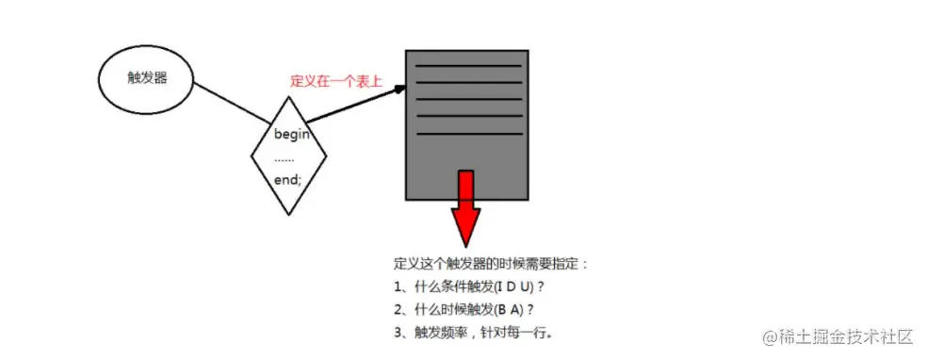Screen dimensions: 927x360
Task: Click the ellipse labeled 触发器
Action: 146,78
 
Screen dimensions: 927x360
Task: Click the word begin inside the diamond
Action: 292,134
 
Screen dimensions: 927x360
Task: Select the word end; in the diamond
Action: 288,179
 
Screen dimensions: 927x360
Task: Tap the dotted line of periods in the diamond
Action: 285,156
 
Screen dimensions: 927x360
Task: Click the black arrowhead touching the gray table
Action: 399,90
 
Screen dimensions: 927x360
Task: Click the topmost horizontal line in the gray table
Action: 468,66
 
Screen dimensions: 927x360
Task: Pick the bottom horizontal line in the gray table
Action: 468,134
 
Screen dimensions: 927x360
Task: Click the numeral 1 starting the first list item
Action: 398,286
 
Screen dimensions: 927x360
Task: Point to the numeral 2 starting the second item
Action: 398,309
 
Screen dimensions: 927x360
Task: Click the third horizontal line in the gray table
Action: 468,100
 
